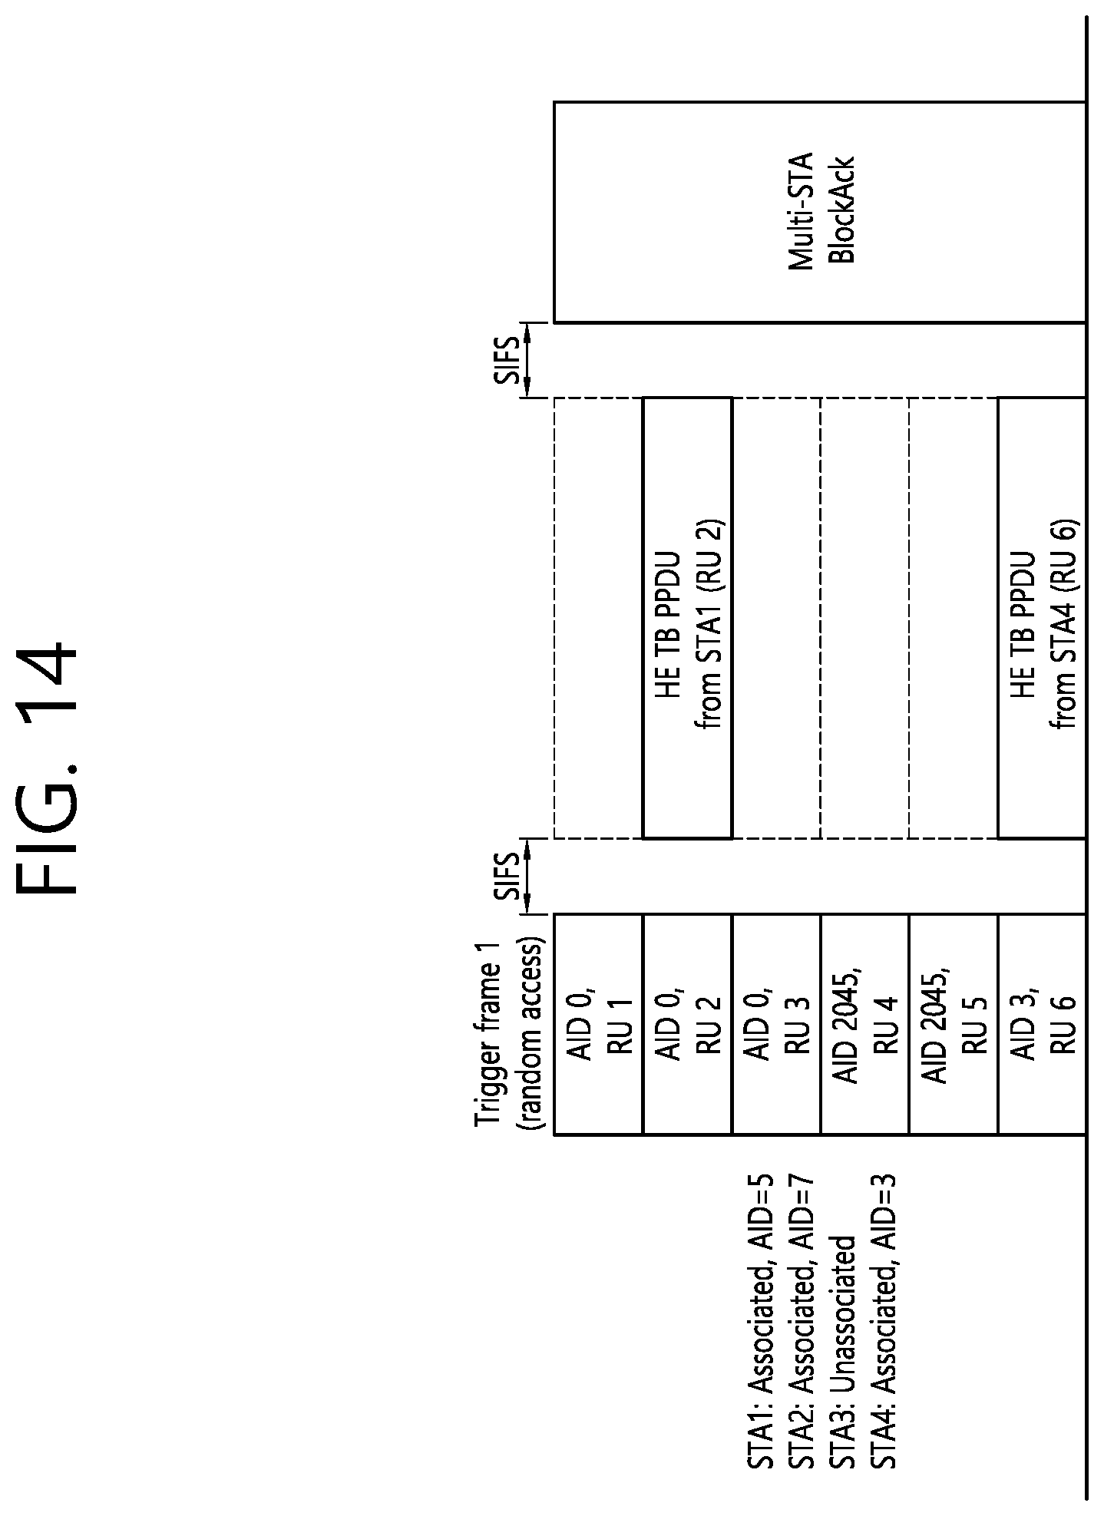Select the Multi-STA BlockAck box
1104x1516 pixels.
coord(820,212)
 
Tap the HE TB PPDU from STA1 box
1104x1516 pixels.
coord(687,618)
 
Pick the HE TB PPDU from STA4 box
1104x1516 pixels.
coord(1042,618)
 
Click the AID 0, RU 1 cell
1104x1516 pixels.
coord(598,1024)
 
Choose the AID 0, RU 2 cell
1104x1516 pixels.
coord(687,1024)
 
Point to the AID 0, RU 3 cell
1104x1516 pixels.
coord(776,1024)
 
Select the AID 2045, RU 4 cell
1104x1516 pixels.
coord(864,1024)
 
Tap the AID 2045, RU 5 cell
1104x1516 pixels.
coord(953,1024)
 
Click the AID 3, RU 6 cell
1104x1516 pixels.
coord(1042,1024)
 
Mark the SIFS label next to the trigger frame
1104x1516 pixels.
coord(507,876)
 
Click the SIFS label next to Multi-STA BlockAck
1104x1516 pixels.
coord(507,360)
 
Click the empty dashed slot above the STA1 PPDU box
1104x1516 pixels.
coord(598,618)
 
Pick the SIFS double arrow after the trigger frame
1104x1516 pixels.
coord(529,876)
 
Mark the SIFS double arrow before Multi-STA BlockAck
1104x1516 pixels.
coord(529,360)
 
